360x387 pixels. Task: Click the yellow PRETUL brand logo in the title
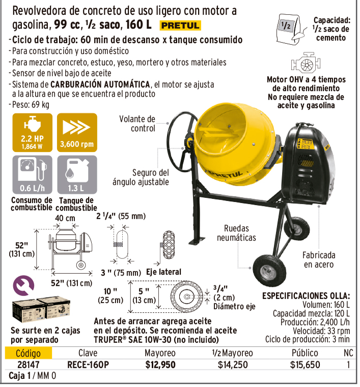click(x=180, y=25)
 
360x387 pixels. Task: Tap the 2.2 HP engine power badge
click(x=33, y=133)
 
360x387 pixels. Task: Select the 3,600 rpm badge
click(x=77, y=133)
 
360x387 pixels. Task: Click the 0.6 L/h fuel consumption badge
click(x=33, y=174)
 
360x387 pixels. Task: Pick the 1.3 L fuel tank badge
click(x=77, y=174)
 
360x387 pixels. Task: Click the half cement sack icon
click(x=292, y=29)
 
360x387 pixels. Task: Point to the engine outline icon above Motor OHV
click(x=306, y=63)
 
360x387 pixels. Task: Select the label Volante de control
click(x=137, y=124)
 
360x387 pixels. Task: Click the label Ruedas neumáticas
click(x=236, y=233)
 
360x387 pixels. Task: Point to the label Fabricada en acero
click(x=319, y=260)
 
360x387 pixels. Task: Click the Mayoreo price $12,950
click(x=160, y=365)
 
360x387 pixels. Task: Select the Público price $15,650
click(x=305, y=365)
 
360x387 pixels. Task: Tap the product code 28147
click(x=29, y=365)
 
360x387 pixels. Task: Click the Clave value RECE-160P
click(x=88, y=365)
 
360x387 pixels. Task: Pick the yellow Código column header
click(x=29, y=353)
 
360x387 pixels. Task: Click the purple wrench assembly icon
click(x=23, y=286)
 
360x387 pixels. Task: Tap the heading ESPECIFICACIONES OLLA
click(x=306, y=295)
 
